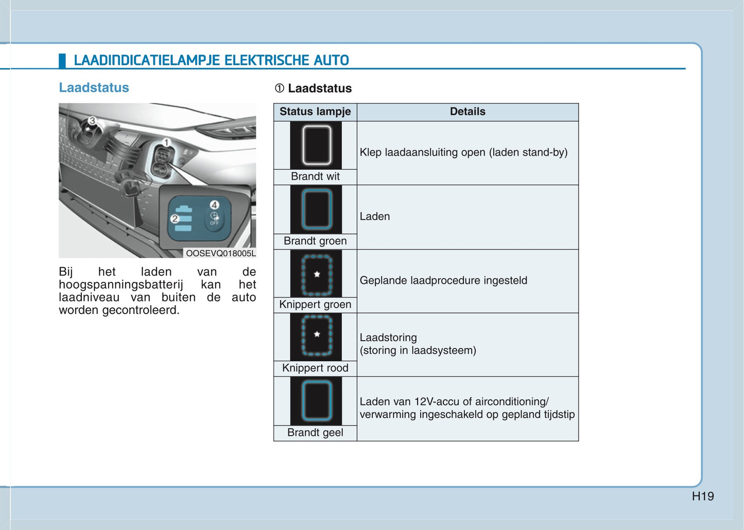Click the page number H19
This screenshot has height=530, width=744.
coord(703,497)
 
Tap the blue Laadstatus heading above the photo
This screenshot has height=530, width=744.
coord(94,87)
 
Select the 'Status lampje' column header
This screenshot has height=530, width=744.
coord(315,112)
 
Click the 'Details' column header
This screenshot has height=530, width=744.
coord(468,112)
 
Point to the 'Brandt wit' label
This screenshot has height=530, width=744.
coord(315,176)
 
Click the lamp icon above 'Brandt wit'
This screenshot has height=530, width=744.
coord(316,145)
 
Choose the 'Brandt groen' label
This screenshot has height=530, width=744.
coord(315,241)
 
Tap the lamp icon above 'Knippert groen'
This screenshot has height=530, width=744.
coord(316,275)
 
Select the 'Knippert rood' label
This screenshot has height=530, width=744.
coord(315,368)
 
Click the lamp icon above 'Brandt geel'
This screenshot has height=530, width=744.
coord(316,401)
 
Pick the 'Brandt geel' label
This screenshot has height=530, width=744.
coord(315,433)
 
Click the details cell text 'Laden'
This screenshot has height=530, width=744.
coord(375,217)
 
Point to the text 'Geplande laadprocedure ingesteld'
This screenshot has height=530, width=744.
coord(443,280)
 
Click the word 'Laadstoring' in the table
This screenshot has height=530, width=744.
coord(388,338)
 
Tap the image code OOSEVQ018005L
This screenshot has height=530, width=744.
coord(220,253)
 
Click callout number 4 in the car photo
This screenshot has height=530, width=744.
coord(214,205)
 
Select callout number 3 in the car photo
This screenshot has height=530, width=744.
coord(92,121)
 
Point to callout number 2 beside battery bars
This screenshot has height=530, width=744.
coord(175,219)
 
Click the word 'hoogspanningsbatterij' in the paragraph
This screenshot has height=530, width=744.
coord(121,285)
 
